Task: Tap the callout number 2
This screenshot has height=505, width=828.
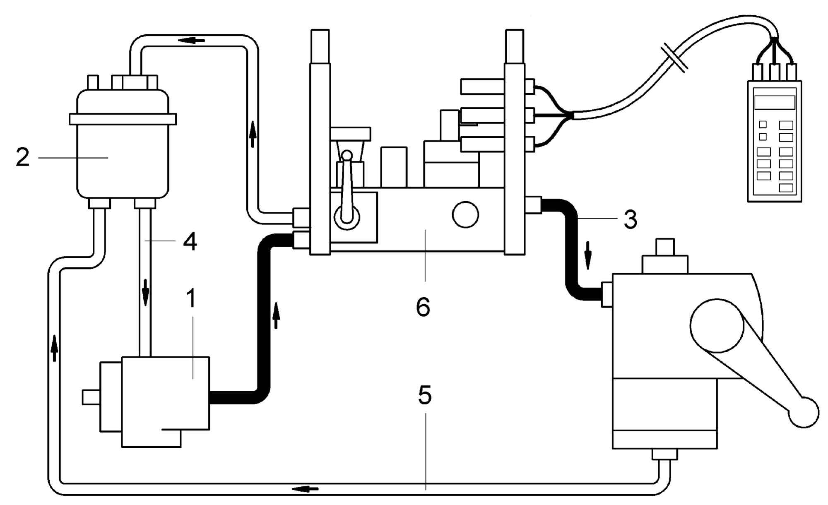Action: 23,157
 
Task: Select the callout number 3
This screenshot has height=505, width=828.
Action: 630,219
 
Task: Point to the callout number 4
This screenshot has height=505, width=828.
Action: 190,241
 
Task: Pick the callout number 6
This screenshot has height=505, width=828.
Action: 423,307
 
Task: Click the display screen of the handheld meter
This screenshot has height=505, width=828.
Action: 774,102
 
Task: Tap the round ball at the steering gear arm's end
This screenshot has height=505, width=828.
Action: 804,412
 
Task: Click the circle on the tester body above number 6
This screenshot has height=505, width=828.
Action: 465,214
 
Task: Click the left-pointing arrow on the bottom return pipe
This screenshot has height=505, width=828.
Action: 305,489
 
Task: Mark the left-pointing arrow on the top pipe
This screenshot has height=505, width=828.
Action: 192,40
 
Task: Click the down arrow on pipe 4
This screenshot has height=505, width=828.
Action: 145,292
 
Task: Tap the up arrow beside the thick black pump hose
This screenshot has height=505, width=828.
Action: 276,315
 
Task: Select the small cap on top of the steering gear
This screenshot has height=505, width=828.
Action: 665,247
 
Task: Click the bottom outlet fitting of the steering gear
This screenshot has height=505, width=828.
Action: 665,454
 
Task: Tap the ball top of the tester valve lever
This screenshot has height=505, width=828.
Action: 347,155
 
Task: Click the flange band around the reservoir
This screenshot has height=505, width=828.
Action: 123,119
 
